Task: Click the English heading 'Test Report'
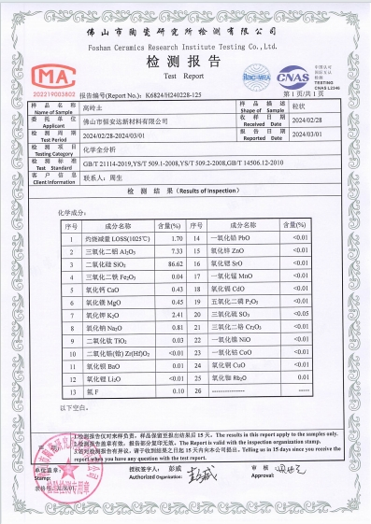[184, 78]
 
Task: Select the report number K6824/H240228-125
[178, 95]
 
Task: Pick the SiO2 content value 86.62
[168, 265]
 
